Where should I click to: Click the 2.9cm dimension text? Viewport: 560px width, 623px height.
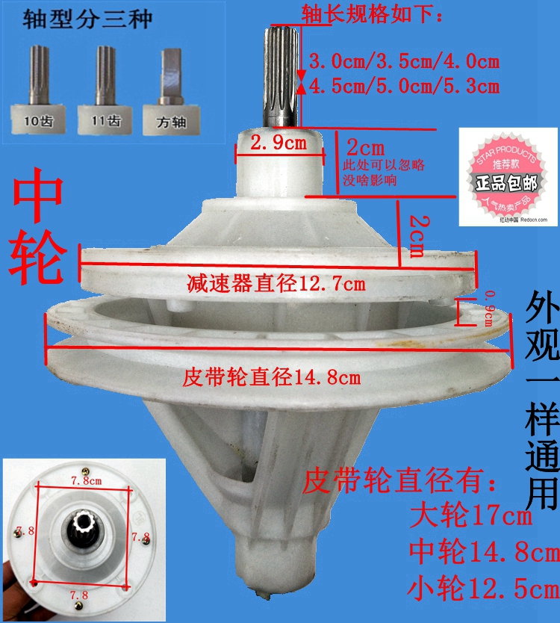279,143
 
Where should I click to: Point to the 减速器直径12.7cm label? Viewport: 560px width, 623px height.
276,283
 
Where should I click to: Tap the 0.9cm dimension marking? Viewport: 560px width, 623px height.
490,309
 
